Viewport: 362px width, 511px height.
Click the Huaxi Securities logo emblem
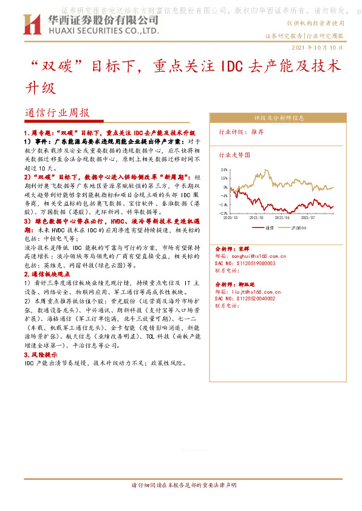(32, 24)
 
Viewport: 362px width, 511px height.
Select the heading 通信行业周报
(58, 113)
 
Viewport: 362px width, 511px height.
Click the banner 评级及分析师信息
(279, 118)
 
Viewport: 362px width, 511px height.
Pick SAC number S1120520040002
(245, 299)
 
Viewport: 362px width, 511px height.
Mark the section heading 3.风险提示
(41, 354)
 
